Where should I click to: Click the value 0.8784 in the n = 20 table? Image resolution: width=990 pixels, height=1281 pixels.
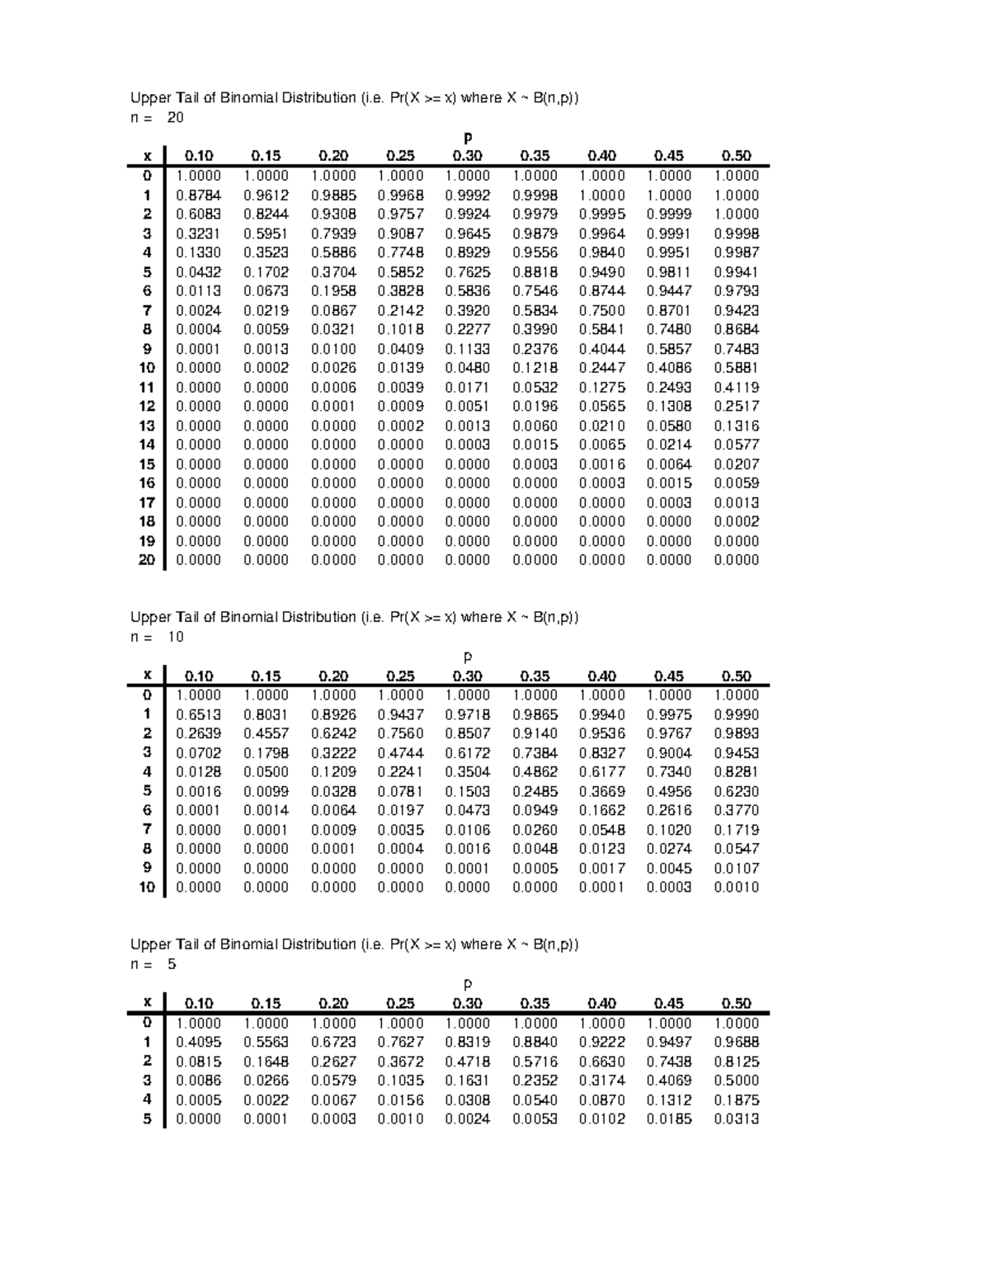tap(198, 195)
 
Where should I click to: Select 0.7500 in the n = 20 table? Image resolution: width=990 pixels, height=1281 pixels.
tap(601, 311)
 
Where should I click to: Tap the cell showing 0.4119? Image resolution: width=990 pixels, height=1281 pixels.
tap(736, 388)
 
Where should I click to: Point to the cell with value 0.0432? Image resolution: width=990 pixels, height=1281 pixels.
tap(198, 272)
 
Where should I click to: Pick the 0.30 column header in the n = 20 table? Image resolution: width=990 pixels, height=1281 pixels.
tap(467, 156)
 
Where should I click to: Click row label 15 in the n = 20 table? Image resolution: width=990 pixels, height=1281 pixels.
tap(147, 464)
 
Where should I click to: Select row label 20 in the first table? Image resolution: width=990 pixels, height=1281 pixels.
tap(147, 560)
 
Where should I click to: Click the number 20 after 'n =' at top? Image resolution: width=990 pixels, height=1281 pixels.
tap(175, 118)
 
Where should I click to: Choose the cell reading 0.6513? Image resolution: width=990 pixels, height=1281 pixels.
tap(198, 715)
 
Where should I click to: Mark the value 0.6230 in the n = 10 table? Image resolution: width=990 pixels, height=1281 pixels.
tap(736, 792)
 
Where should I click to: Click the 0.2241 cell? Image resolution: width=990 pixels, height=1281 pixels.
tap(400, 772)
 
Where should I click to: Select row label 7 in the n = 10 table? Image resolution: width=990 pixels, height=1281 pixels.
tap(148, 830)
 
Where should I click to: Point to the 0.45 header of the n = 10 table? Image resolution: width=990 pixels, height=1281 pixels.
tap(668, 676)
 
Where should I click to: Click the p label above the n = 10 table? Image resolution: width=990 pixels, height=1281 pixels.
tap(468, 657)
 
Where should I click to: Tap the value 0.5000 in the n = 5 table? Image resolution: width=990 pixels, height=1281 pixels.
tap(736, 1081)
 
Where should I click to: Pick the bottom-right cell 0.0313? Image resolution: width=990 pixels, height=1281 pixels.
tap(736, 1119)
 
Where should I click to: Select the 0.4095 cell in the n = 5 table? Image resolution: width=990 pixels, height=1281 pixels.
tap(198, 1043)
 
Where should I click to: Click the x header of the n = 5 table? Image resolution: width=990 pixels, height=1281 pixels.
tap(148, 1003)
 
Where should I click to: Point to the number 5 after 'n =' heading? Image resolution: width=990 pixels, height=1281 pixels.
tap(172, 964)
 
